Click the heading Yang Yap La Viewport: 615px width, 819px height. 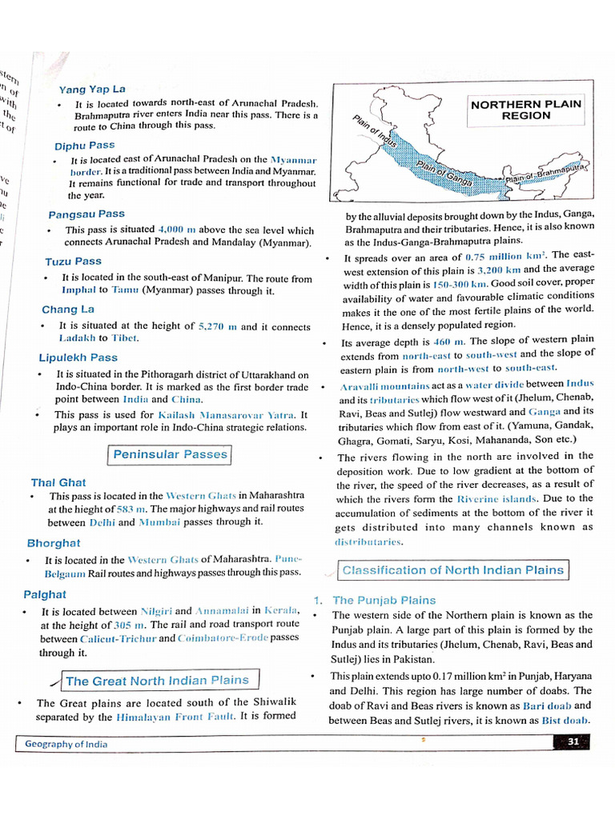tap(92, 89)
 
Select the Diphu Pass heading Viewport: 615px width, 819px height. tap(84, 146)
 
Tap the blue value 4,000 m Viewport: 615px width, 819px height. tap(177, 230)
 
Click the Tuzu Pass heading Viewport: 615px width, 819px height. tap(73, 261)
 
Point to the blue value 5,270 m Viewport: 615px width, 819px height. tap(217, 326)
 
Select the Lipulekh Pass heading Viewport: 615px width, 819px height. tap(78, 358)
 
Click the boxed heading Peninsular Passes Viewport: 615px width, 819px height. tap(170, 455)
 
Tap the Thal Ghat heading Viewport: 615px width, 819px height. tap(58, 482)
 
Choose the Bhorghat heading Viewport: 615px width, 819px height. tap(54, 543)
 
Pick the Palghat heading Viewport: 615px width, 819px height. tap(45, 594)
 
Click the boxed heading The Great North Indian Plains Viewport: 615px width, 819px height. tap(157, 681)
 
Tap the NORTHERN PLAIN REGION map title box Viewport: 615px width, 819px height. tap(526, 110)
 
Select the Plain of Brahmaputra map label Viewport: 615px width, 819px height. tap(546, 174)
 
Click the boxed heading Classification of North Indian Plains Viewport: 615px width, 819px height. tap(453, 570)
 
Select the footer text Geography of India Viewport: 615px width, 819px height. tap(66, 744)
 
